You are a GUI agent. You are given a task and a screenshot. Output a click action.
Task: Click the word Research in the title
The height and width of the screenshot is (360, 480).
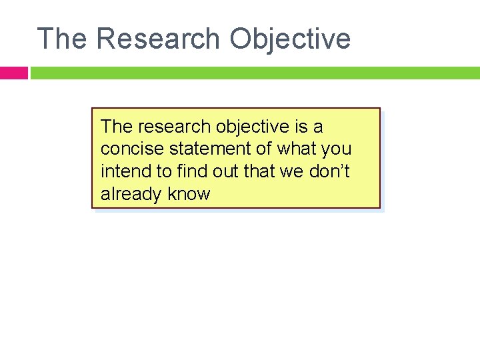(158, 39)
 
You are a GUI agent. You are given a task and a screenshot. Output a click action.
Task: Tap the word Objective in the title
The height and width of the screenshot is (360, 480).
(290, 39)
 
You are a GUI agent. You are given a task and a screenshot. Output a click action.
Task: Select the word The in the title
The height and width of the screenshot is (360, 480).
(62, 39)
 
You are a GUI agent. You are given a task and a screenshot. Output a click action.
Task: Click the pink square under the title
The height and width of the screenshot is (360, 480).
(13, 73)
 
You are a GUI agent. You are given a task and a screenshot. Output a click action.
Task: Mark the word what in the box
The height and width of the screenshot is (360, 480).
(299, 149)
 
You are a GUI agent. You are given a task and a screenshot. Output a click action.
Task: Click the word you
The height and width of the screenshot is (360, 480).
(337, 149)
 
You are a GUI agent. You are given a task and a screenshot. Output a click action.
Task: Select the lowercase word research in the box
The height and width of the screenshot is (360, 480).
(175, 126)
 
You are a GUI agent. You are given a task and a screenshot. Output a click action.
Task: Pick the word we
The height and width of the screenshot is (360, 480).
(292, 171)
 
